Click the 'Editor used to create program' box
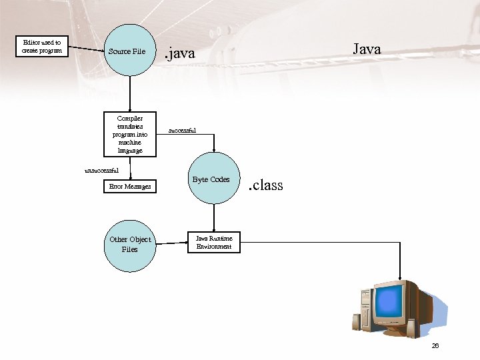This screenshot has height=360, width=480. [x=42, y=46]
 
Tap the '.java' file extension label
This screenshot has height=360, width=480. [x=180, y=53]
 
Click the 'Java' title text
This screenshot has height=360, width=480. [x=366, y=49]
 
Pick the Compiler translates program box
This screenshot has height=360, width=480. [x=130, y=134]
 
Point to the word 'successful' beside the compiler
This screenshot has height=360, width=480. [x=182, y=131]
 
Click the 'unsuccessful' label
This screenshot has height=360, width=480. [x=101, y=171]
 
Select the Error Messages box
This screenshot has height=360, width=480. [x=130, y=187]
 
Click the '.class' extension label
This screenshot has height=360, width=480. [x=265, y=185]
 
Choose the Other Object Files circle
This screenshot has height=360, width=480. [x=130, y=245]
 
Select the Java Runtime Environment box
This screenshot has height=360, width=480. [x=213, y=243]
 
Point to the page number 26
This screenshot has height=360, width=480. [x=435, y=345]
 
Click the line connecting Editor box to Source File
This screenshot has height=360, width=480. [x=88, y=49]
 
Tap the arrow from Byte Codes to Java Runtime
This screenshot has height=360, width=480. [x=213, y=217]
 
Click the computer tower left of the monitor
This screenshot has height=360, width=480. [x=365, y=310]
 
